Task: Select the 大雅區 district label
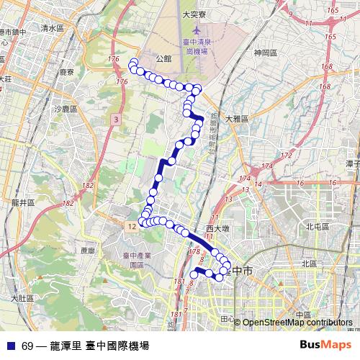pyautogui.click(x=236, y=119)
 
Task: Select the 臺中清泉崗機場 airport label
pyautogui.click(x=197, y=48)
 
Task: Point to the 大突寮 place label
pyautogui.click(x=194, y=13)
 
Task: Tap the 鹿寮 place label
pyautogui.click(x=68, y=73)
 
